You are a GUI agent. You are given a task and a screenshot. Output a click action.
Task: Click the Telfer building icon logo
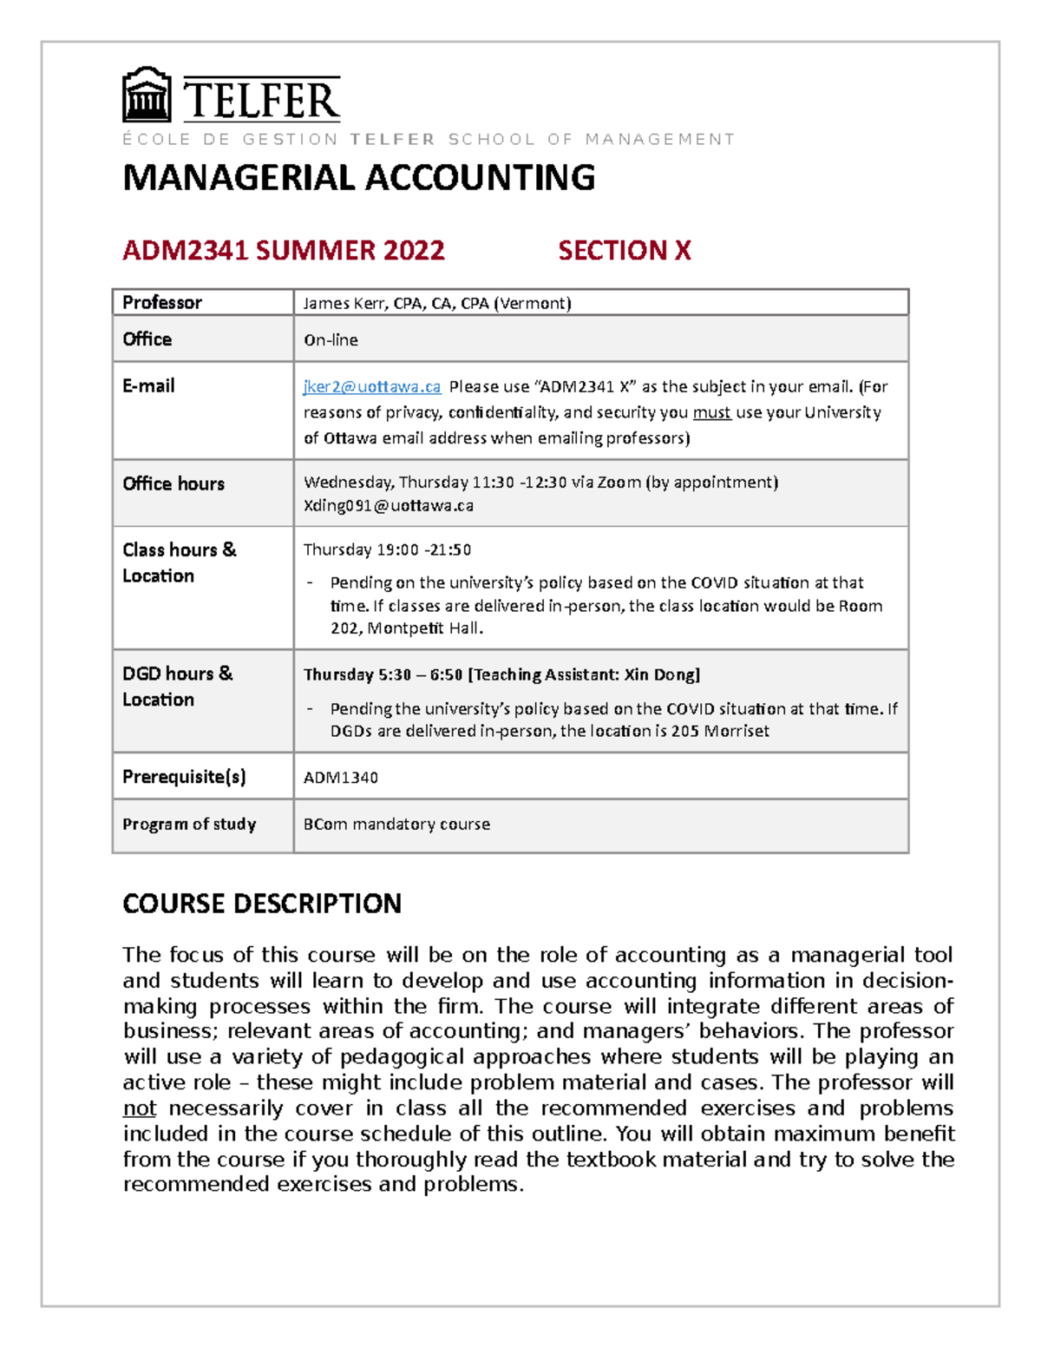147,95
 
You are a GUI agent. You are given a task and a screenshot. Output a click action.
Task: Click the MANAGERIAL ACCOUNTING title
358,178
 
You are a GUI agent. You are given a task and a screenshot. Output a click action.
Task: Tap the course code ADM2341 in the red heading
186,250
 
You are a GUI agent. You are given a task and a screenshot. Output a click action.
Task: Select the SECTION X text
624,250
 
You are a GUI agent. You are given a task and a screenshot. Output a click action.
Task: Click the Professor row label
162,302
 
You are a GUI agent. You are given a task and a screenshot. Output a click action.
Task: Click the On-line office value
331,340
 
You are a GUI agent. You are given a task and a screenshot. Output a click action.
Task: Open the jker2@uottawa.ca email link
371,386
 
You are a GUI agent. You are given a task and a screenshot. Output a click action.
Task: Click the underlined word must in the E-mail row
711,412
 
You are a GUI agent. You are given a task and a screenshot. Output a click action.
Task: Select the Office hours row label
173,483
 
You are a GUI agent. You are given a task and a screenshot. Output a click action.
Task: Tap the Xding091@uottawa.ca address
388,505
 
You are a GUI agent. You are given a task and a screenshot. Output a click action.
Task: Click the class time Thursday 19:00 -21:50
387,549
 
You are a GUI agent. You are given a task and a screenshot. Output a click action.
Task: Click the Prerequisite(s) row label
184,777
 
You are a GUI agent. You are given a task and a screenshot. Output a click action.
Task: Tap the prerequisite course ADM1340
340,778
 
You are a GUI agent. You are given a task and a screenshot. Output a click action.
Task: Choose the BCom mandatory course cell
396,824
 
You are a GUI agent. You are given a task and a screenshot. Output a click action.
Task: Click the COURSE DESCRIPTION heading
261,904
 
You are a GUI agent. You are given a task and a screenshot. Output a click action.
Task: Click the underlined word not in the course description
139,1108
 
